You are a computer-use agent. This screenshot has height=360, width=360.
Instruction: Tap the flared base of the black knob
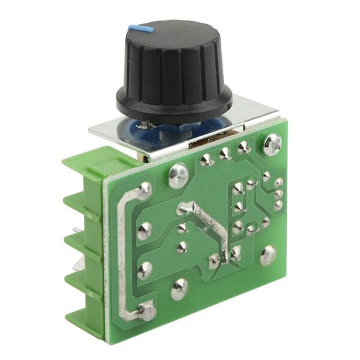(174, 107)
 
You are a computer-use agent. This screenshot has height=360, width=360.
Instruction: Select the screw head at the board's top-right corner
(272, 144)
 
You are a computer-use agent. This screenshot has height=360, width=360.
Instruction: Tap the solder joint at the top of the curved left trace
(144, 191)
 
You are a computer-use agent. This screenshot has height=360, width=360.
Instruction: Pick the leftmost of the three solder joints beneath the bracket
(206, 160)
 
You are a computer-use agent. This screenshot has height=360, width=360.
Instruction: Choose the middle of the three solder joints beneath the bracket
(224, 154)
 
